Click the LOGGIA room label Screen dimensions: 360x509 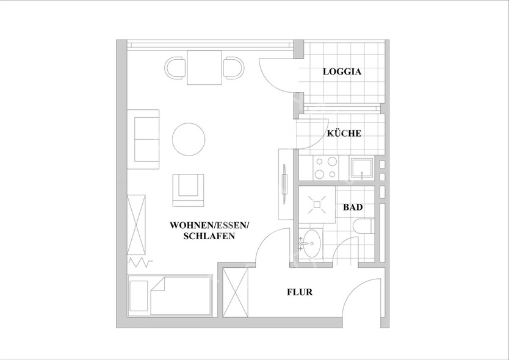point(342,72)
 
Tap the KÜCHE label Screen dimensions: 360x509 point(344,134)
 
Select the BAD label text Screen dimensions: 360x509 point(353,207)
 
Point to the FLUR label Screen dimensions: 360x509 point(300,292)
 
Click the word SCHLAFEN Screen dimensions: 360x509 point(209,237)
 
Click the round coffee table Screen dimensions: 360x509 point(189,139)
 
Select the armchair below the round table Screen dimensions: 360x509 point(188,189)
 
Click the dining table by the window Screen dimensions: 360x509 point(204,67)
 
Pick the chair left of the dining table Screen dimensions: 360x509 point(176,68)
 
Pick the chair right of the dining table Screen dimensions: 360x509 point(233,68)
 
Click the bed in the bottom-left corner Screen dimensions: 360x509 point(171,295)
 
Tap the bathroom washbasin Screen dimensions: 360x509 point(311,244)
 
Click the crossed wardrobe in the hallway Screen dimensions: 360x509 point(235,292)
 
